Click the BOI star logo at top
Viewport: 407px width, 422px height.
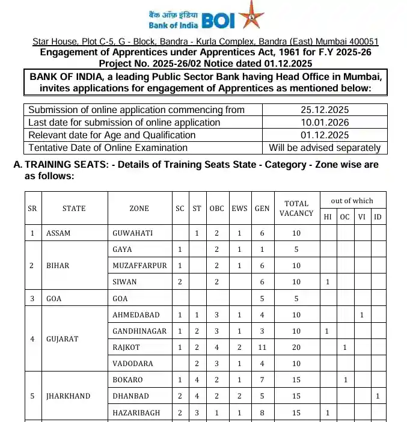tap(251, 16)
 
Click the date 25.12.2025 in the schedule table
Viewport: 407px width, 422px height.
tap(325, 110)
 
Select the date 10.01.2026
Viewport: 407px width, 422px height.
tap(325, 123)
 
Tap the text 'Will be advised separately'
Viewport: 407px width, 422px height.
tap(325, 148)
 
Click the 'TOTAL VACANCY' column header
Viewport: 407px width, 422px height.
tap(296, 209)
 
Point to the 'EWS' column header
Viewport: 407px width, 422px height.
tap(240, 209)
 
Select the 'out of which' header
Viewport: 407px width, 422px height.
tap(352, 201)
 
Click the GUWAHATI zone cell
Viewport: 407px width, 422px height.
tap(133, 233)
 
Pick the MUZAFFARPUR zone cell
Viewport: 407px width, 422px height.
tap(139, 266)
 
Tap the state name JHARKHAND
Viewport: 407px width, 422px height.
tap(68, 396)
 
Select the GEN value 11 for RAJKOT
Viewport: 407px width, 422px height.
tap(262, 347)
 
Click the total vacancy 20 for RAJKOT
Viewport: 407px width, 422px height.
tap(296, 347)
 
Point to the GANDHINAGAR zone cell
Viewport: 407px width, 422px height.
tap(139, 331)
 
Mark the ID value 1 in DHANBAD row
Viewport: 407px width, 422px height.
tap(377, 396)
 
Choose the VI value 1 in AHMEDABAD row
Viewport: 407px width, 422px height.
tap(361, 315)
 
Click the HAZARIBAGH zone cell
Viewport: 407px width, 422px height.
tap(136, 412)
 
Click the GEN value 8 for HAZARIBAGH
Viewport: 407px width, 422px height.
tap(262, 412)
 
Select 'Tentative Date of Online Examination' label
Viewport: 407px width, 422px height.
tap(108, 148)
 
